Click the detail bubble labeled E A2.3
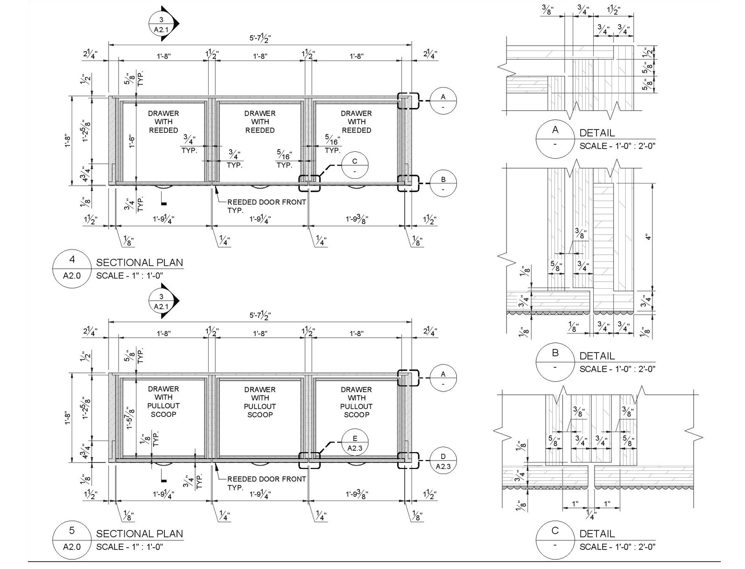[x=355, y=443]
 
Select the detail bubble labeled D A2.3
[x=443, y=461]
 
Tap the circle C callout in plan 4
[x=354, y=166]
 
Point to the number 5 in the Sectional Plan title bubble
[x=72, y=531]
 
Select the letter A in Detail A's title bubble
[x=555, y=130]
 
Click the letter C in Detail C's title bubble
[x=555, y=531]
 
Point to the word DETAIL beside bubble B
[x=597, y=356]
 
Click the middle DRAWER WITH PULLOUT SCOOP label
[x=260, y=402]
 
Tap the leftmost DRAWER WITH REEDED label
[x=163, y=122]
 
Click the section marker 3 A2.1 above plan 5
[x=162, y=302]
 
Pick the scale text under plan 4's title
[x=129, y=276]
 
